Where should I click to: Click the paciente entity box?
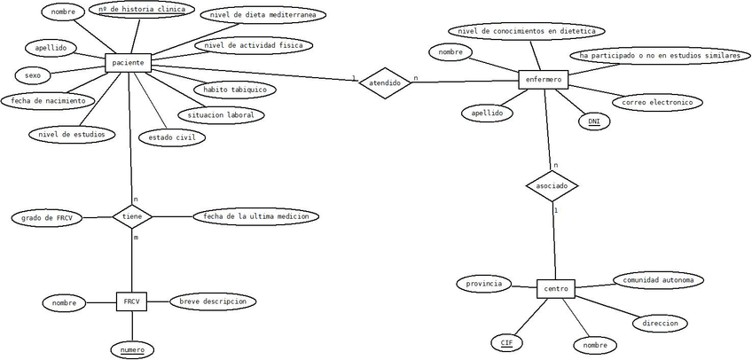click(129, 63)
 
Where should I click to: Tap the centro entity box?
click(556, 289)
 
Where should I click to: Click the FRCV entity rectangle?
click(131, 302)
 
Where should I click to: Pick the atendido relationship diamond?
click(385, 82)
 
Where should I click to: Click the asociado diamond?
click(552, 186)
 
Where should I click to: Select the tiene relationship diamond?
click(132, 215)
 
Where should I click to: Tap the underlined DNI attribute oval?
click(594, 121)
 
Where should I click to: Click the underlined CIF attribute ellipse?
click(506, 342)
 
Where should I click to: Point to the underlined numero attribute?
click(132, 349)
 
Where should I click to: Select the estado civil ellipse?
click(171, 137)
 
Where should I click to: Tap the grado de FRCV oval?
click(46, 217)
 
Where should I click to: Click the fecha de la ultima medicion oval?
click(255, 216)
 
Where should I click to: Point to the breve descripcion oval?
click(212, 301)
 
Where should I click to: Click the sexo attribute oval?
click(33, 75)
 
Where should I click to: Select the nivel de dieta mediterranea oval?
click(262, 15)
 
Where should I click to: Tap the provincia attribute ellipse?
click(484, 284)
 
